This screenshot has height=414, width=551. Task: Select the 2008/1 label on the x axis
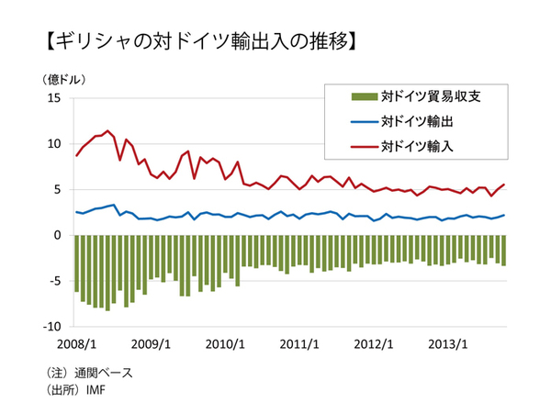pos(76,344)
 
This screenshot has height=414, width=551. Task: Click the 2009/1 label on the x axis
pos(152,344)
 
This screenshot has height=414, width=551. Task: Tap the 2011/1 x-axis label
pos(299,344)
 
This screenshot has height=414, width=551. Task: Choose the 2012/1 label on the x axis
pos(375,344)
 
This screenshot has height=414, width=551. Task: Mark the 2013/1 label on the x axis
pos(449,344)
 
